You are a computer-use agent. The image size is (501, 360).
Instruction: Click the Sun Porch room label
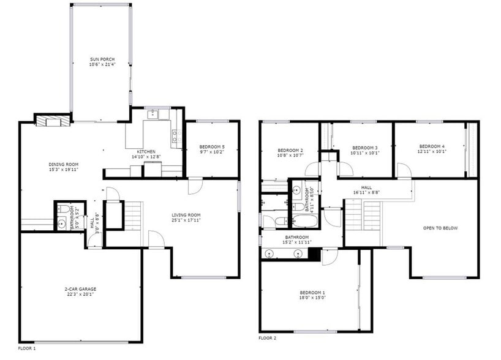click(x=102, y=59)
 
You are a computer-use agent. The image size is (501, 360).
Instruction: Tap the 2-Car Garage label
click(x=81, y=289)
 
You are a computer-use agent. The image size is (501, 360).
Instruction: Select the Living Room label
click(x=186, y=214)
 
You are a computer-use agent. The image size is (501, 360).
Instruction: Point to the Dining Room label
click(x=64, y=164)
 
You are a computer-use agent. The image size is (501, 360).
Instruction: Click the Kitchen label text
click(x=146, y=152)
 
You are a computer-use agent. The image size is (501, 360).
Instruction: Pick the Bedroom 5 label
click(x=212, y=147)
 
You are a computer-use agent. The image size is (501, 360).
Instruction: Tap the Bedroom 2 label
click(x=290, y=150)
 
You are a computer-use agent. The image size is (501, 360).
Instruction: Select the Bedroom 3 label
click(x=364, y=148)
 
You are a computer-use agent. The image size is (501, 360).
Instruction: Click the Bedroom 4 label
click(x=432, y=146)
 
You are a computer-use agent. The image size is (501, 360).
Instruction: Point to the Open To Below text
click(x=440, y=228)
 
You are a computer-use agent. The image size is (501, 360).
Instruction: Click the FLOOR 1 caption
click(x=27, y=348)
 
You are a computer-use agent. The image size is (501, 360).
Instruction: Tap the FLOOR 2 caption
click(x=267, y=338)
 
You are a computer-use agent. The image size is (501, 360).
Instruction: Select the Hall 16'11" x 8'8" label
click(x=366, y=188)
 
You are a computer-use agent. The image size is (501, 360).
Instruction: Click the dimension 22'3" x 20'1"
click(x=81, y=294)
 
